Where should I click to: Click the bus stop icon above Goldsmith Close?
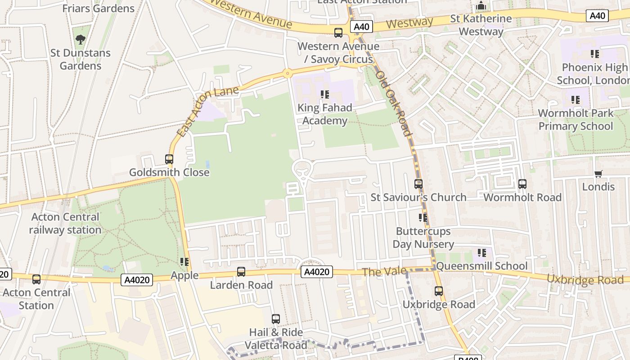(169, 159)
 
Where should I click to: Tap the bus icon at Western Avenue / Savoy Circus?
(338, 33)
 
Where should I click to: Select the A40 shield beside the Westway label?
(361, 27)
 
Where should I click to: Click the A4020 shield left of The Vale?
(316, 272)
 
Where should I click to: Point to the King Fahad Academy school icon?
(325, 94)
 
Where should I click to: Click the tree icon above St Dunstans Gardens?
(81, 40)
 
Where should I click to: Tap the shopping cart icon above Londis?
(598, 174)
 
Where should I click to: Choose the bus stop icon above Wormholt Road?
(522, 184)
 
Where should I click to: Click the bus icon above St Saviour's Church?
(418, 184)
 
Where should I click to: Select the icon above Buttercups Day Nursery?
(423, 218)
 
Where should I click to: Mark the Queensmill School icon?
(482, 253)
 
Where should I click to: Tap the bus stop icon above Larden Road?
(241, 272)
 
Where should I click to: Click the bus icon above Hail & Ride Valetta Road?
(276, 319)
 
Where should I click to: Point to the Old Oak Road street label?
(393, 103)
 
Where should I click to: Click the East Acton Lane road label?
(208, 111)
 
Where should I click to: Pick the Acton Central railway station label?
(65, 223)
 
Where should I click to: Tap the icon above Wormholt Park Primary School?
(576, 100)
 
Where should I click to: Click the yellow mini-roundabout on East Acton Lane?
(287, 73)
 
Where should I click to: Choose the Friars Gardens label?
(98, 8)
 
